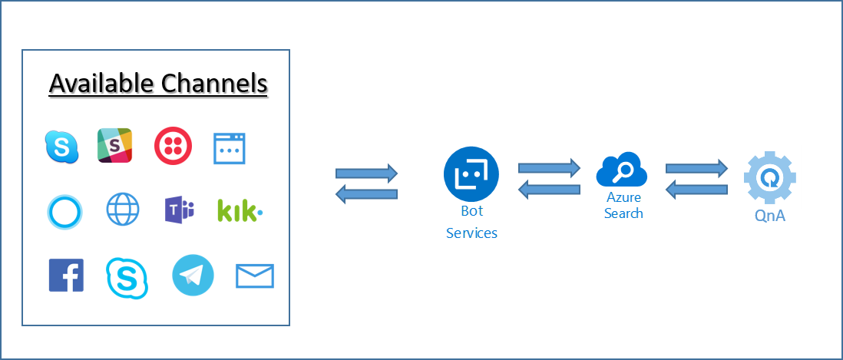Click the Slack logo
coord(114,146)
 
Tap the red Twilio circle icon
coord(173,146)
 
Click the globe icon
coord(123,210)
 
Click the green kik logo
coord(240,210)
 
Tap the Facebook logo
coord(66,276)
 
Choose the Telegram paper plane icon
coord(193,275)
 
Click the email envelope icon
coord(255,276)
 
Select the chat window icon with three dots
coord(229,149)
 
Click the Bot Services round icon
coord(471,173)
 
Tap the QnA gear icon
coord(771,177)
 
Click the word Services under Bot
coord(471,233)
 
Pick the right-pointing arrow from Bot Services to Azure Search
coord(550,167)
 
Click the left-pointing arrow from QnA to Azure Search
coord(696,189)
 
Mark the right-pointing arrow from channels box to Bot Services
coord(367,173)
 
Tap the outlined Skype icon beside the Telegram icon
coord(127,277)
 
